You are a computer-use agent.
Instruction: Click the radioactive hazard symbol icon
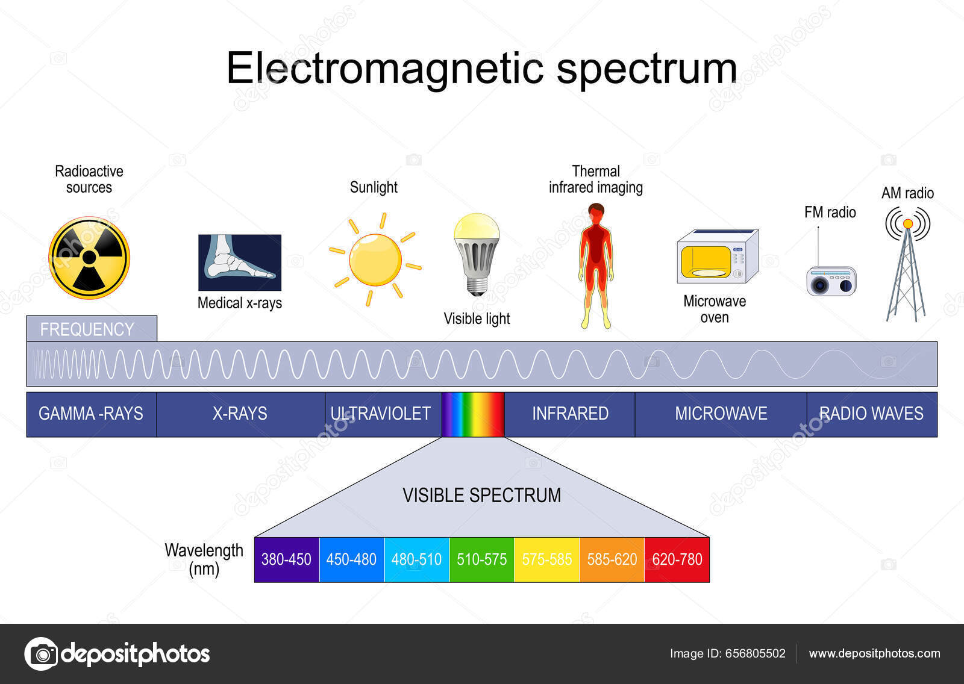(89, 258)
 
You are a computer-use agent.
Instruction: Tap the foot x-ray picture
(240, 263)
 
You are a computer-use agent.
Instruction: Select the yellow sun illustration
(375, 260)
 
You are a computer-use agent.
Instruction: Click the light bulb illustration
(477, 253)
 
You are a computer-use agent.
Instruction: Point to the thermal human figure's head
(596, 213)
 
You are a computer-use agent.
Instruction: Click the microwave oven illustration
(717, 256)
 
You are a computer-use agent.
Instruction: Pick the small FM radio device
(831, 281)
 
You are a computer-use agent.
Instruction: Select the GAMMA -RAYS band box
(92, 414)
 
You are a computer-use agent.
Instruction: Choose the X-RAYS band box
(240, 414)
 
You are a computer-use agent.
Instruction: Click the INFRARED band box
(569, 414)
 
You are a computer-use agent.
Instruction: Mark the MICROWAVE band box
(721, 414)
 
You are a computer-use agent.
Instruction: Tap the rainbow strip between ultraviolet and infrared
(473, 414)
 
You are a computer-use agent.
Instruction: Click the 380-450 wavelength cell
(286, 560)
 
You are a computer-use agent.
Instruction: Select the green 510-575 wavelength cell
(481, 560)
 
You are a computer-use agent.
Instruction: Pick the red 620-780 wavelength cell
(677, 560)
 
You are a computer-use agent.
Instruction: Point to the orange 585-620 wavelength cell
(612, 560)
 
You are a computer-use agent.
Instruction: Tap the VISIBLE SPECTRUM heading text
(481, 496)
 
